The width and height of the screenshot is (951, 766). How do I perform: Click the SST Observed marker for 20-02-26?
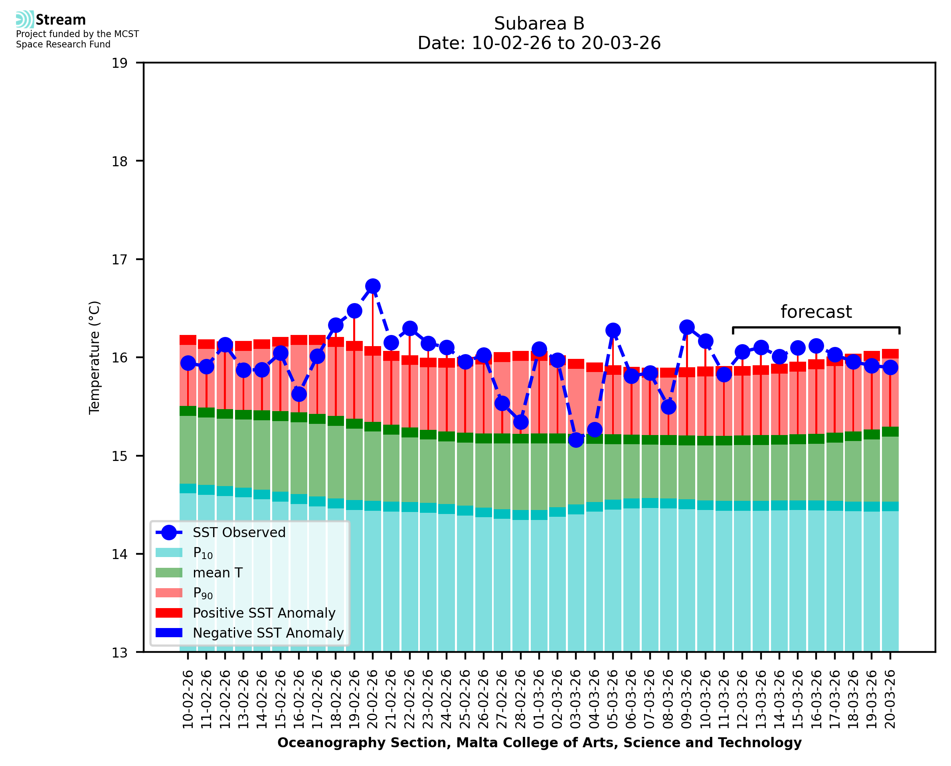(373, 286)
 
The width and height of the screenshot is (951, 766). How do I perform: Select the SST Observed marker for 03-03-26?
(576, 439)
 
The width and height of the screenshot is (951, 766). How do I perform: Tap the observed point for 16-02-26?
(299, 394)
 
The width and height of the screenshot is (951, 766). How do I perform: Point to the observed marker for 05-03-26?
(613, 330)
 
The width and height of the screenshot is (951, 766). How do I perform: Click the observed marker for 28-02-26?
(520, 422)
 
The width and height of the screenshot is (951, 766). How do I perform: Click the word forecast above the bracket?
(816, 312)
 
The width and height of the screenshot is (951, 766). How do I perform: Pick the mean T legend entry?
(217, 573)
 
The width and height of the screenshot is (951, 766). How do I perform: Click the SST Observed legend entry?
(238, 533)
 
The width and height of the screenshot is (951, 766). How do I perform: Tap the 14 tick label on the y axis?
(119, 554)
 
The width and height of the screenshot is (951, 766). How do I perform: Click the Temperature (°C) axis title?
(95, 357)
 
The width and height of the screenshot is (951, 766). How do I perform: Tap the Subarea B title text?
(539, 24)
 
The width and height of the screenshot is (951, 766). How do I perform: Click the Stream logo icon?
(25, 20)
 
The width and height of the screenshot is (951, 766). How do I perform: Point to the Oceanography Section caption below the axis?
(539, 742)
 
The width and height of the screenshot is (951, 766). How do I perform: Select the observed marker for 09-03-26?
(686, 327)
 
